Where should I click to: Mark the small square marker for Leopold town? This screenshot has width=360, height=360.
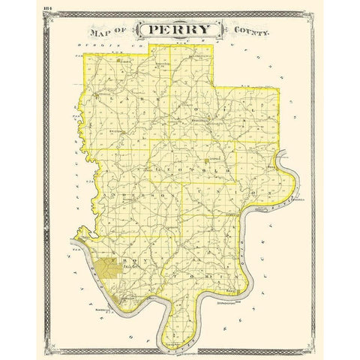tap(205, 160)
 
